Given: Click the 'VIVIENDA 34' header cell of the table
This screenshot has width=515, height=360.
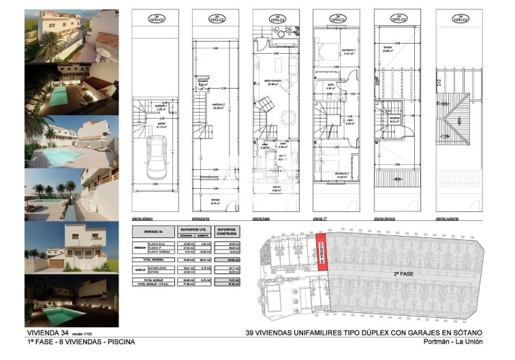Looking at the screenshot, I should click(x=153, y=232).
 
